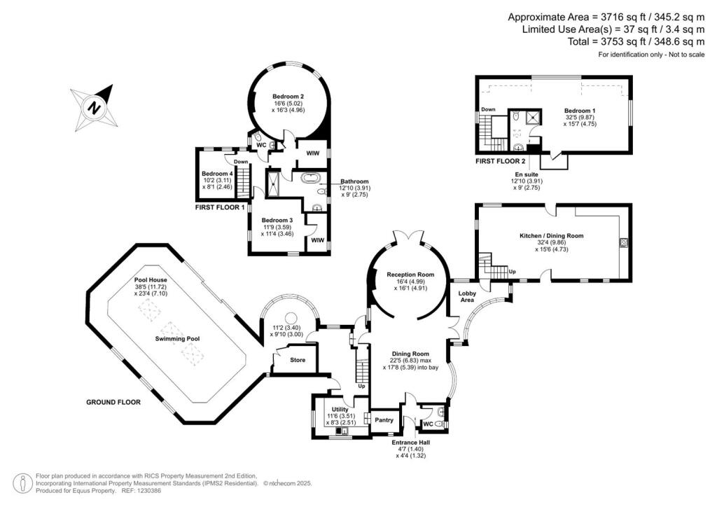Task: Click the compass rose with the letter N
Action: [93, 107]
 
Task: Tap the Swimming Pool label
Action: [177, 339]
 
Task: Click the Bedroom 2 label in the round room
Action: [288, 96]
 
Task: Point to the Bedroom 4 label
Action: [216, 174]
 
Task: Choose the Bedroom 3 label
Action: [277, 221]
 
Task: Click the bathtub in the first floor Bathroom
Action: [309, 179]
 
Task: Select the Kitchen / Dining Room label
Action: [551, 236]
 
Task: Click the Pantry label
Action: [384, 420]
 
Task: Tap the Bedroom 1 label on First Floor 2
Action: [582, 111]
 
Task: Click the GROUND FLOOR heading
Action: [113, 403]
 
